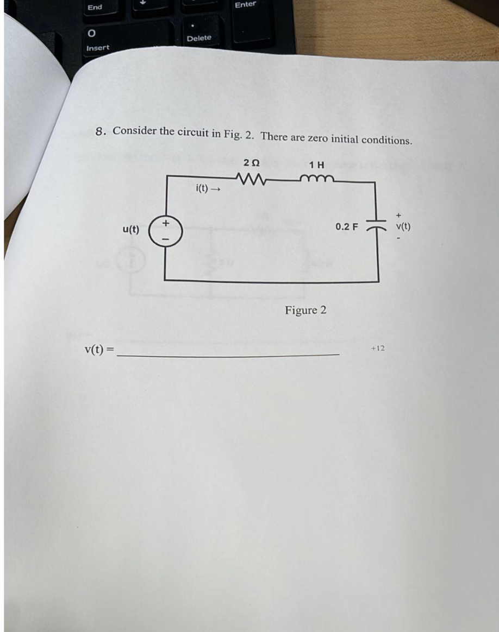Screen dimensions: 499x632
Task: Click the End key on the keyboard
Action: [x=95, y=7]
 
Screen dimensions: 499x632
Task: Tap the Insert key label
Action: [x=97, y=48]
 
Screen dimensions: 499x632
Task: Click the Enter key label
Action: [x=245, y=4]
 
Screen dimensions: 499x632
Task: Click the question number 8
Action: [x=100, y=131]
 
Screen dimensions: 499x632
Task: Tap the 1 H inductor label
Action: [x=316, y=165]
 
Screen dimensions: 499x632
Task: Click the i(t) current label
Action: [x=201, y=189]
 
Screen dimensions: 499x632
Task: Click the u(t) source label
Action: [x=130, y=230]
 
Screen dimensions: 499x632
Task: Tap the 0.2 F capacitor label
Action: [x=346, y=226]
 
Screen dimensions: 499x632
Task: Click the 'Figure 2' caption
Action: [x=305, y=310]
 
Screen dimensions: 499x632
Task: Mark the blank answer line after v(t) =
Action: [x=228, y=354]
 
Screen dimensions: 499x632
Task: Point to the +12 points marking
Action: [x=377, y=348]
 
